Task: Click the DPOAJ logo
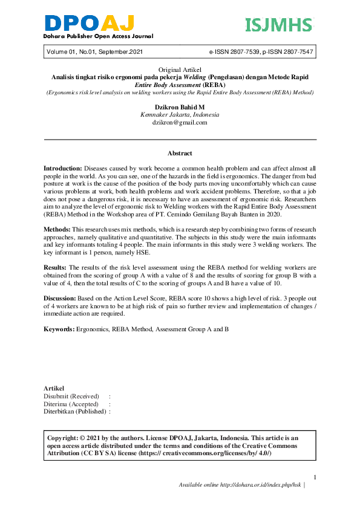point(89,25)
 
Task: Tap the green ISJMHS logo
point(279,25)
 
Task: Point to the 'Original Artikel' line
point(180,71)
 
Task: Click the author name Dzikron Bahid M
point(180,107)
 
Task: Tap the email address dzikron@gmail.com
point(180,122)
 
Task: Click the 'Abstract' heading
point(180,154)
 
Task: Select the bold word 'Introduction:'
point(63,166)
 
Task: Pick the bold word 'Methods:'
point(57,230)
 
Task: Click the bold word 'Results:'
point(56,267)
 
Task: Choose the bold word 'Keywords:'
point(58,329)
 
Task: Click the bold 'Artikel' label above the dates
point(54,388)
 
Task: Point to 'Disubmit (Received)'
point(71,396)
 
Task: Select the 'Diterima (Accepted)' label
point(71,403)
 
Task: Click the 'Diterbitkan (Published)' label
point(75,411)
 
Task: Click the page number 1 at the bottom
point(315,476)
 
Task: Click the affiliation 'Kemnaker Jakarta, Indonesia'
point(180,114)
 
